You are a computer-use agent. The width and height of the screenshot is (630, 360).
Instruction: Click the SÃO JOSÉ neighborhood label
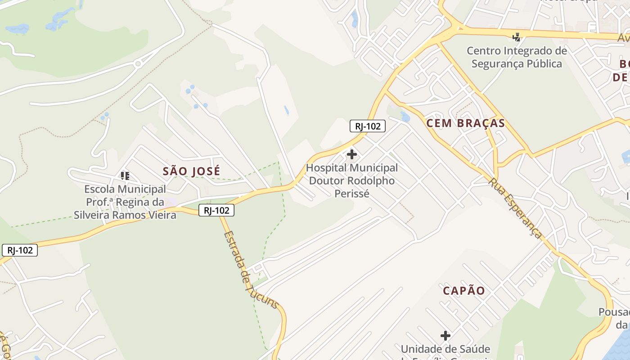[192, 171]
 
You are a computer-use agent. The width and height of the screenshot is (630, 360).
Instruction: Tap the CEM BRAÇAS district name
[465, 123]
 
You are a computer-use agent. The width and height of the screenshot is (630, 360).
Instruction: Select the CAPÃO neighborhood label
[464, 291]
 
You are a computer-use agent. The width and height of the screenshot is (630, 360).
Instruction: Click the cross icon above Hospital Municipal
[352, 155]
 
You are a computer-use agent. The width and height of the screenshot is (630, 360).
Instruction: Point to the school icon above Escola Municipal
[125, 175]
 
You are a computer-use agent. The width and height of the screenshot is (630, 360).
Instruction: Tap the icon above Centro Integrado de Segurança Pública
[517, 37]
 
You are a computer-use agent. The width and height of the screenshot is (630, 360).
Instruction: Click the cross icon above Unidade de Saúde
[445, 336]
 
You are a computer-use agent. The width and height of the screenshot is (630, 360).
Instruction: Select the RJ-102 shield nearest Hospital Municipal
[368, 126]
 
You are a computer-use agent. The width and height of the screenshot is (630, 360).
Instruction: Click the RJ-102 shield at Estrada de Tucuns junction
[216, 210]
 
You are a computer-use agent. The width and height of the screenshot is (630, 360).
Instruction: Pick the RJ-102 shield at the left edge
[20, 250]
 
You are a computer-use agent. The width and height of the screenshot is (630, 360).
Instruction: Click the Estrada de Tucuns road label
[250, 270]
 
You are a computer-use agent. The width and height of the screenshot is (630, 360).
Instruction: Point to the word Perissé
[352, 194]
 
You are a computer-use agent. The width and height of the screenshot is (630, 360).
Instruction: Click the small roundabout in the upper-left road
[138, 64]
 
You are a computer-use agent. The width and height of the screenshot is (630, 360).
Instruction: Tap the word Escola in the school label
[99, 189]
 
